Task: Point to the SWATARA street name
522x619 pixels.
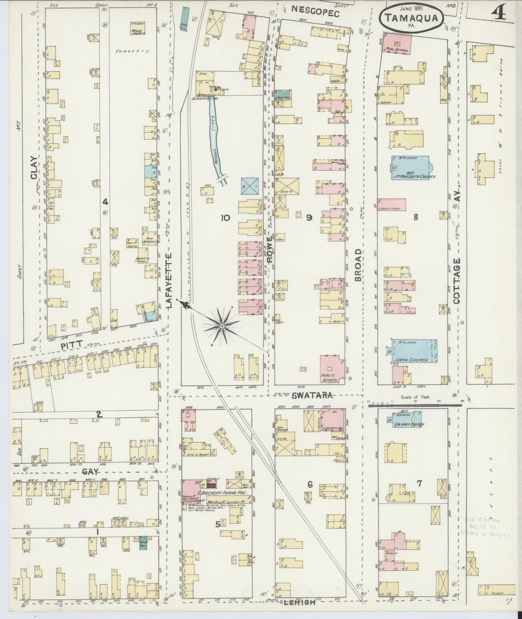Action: point(312,396)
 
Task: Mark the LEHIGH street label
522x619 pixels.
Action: point(300,602)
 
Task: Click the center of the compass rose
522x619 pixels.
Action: point(222,326)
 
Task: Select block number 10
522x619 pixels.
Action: point(225,217)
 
